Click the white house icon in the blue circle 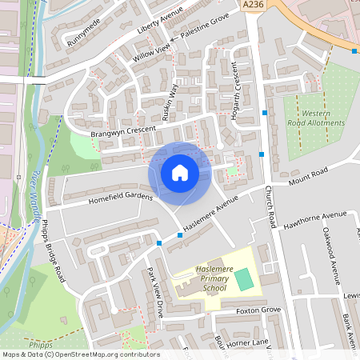pyautogui.click(x=180, y=173)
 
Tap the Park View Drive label pyautogui.click(x=154, y=291)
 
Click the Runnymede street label pyautogui.click(x=84, y=31)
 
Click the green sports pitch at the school pyautogui.click(x=242, y=279)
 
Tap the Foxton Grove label pyautogui.click(x=259, y=310)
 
